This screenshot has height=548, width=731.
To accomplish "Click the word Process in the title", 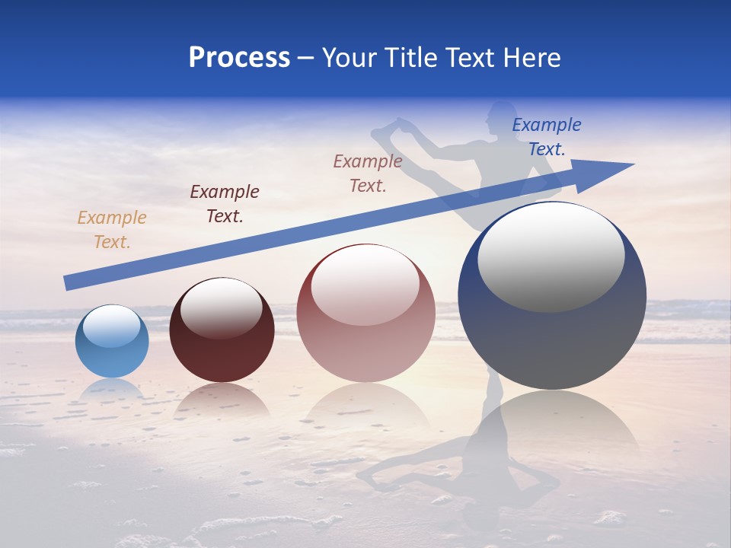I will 239,58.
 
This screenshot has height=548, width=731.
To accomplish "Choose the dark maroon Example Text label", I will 225,203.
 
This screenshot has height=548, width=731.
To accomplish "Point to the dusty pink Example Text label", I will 368,173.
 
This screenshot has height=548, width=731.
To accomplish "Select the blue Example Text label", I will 547,137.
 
